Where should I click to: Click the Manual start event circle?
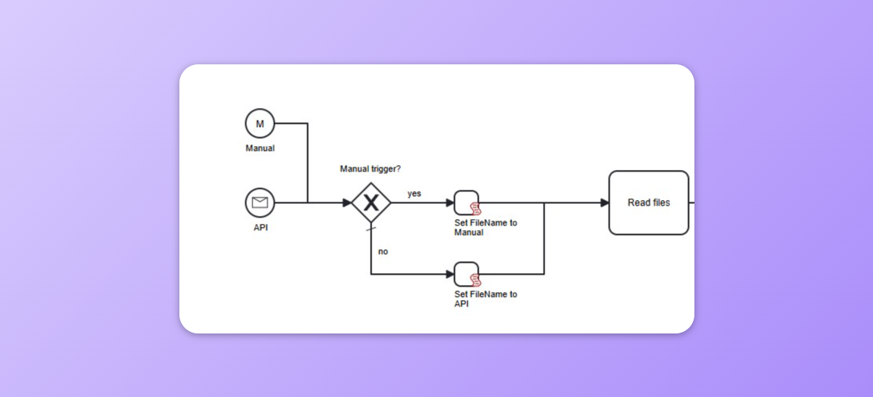(x=260, y=123)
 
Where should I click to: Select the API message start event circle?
(x=260, y=202)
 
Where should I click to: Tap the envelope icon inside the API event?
(x=260, y=202)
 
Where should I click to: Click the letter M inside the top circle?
(x=260, y=123)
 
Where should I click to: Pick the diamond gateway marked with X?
(x=371, y=202)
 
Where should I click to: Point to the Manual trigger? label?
(x=371, y=168)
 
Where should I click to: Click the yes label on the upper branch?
(x=414, y=194)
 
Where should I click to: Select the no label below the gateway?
(x=383, y=252)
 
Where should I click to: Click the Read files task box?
(x=648, y=202)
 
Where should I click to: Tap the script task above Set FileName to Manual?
(x=466, y=202)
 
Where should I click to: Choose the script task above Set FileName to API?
(x=466, y=274)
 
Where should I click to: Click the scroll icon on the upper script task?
(x=475, y=209)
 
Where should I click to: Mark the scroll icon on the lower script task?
(x=475, y=280)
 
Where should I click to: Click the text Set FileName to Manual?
(x=485, y=228)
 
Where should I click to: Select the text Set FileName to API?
(x=485, y=299)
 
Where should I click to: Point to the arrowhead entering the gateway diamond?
(x=347, y=202)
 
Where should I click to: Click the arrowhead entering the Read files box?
(x=604, y=202)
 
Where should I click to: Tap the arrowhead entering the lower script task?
(x=449, y=274)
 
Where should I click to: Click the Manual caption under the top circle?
(x=260, y=148)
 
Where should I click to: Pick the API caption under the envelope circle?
(x=260, y=228)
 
